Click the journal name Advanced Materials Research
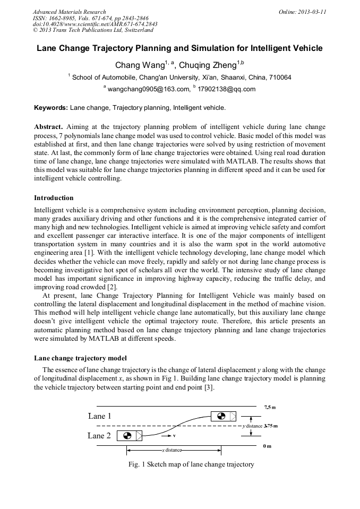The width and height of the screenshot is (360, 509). coord(70,12)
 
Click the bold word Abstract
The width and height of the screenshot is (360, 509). coord(48,127)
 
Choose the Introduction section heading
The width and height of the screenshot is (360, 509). coord(54,198)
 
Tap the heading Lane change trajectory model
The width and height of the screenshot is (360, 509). coord(80,358)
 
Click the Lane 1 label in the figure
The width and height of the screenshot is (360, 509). coord(99,416)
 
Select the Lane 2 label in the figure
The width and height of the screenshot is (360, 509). coord(99,436)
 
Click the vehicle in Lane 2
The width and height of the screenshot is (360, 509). coord(130,436)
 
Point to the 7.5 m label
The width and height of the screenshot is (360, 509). coord(270,407)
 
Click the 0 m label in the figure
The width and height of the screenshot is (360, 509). coord(267,446)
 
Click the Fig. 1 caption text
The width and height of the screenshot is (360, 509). coord(191,464)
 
